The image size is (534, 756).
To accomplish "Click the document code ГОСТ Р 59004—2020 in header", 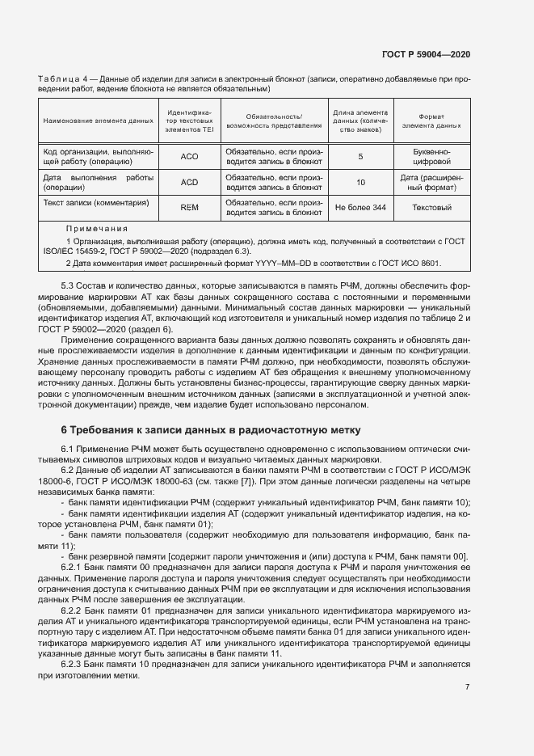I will pyautogui.click(x=426, y=53).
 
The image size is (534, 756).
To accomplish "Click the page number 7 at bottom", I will pyautogui.click(x=468, y=686).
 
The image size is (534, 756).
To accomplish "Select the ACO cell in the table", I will pyautogui.click(x=189, y=156).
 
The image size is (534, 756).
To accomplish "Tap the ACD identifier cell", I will pyautogui.click(x=189, y=182).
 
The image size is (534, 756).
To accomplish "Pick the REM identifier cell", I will pyautogui.click(x=189, y=208).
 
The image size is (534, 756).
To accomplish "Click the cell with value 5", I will pyautogui.click(x=360, y=156).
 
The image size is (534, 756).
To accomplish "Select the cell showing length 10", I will pyautogui.click(x=360, y=182).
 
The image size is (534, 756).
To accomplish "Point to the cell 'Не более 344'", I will pyautogui.click(x=360, y=208).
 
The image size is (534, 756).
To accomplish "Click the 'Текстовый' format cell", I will pyautogui.click(x=431, y=208).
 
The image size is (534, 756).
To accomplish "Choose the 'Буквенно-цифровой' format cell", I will pyautogui.click(x=431, y=156).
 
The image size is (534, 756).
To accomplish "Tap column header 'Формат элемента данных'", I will pyautogui.click(x=431, y=120).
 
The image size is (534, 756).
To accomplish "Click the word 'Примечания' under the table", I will pyautogui.click(x=96, y=229).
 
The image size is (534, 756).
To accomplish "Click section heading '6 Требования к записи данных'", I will pyautogui.click(x=211, y=429).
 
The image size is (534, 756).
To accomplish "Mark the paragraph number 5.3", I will pyautogui.click(x=69, y=287).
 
